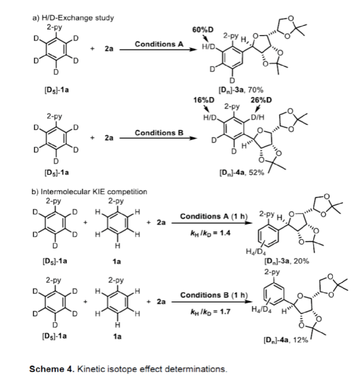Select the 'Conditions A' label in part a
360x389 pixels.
pos(157,44)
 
